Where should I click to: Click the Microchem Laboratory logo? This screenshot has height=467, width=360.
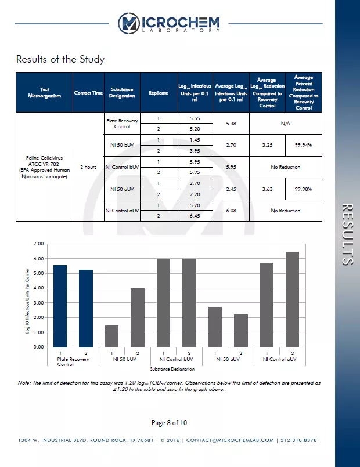point(168,23)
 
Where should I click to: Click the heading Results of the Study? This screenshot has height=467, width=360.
point(60,59)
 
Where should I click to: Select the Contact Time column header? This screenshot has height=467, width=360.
point(88,93)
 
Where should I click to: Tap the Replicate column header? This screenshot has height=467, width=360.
point(159,93)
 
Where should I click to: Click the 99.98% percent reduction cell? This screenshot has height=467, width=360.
point(303,189)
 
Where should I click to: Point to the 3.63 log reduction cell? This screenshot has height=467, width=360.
point(267,189)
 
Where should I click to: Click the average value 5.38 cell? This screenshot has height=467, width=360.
point(231,124)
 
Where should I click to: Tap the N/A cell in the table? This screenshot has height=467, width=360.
point(285,124)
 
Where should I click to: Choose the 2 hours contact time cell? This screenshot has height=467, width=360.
point(88,167)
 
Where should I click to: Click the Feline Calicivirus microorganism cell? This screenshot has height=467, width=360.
point(44,167)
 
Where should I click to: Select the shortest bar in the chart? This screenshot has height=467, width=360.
point(112,336)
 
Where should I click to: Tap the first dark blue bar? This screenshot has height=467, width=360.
point(60,306)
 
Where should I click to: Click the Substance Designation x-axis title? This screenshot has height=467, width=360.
point(172,369)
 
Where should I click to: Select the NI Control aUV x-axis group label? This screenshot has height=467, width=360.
point(279,360)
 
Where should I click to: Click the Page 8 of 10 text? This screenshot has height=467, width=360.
point(169,422)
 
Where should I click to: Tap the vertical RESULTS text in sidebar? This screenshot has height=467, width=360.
point(347,234)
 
